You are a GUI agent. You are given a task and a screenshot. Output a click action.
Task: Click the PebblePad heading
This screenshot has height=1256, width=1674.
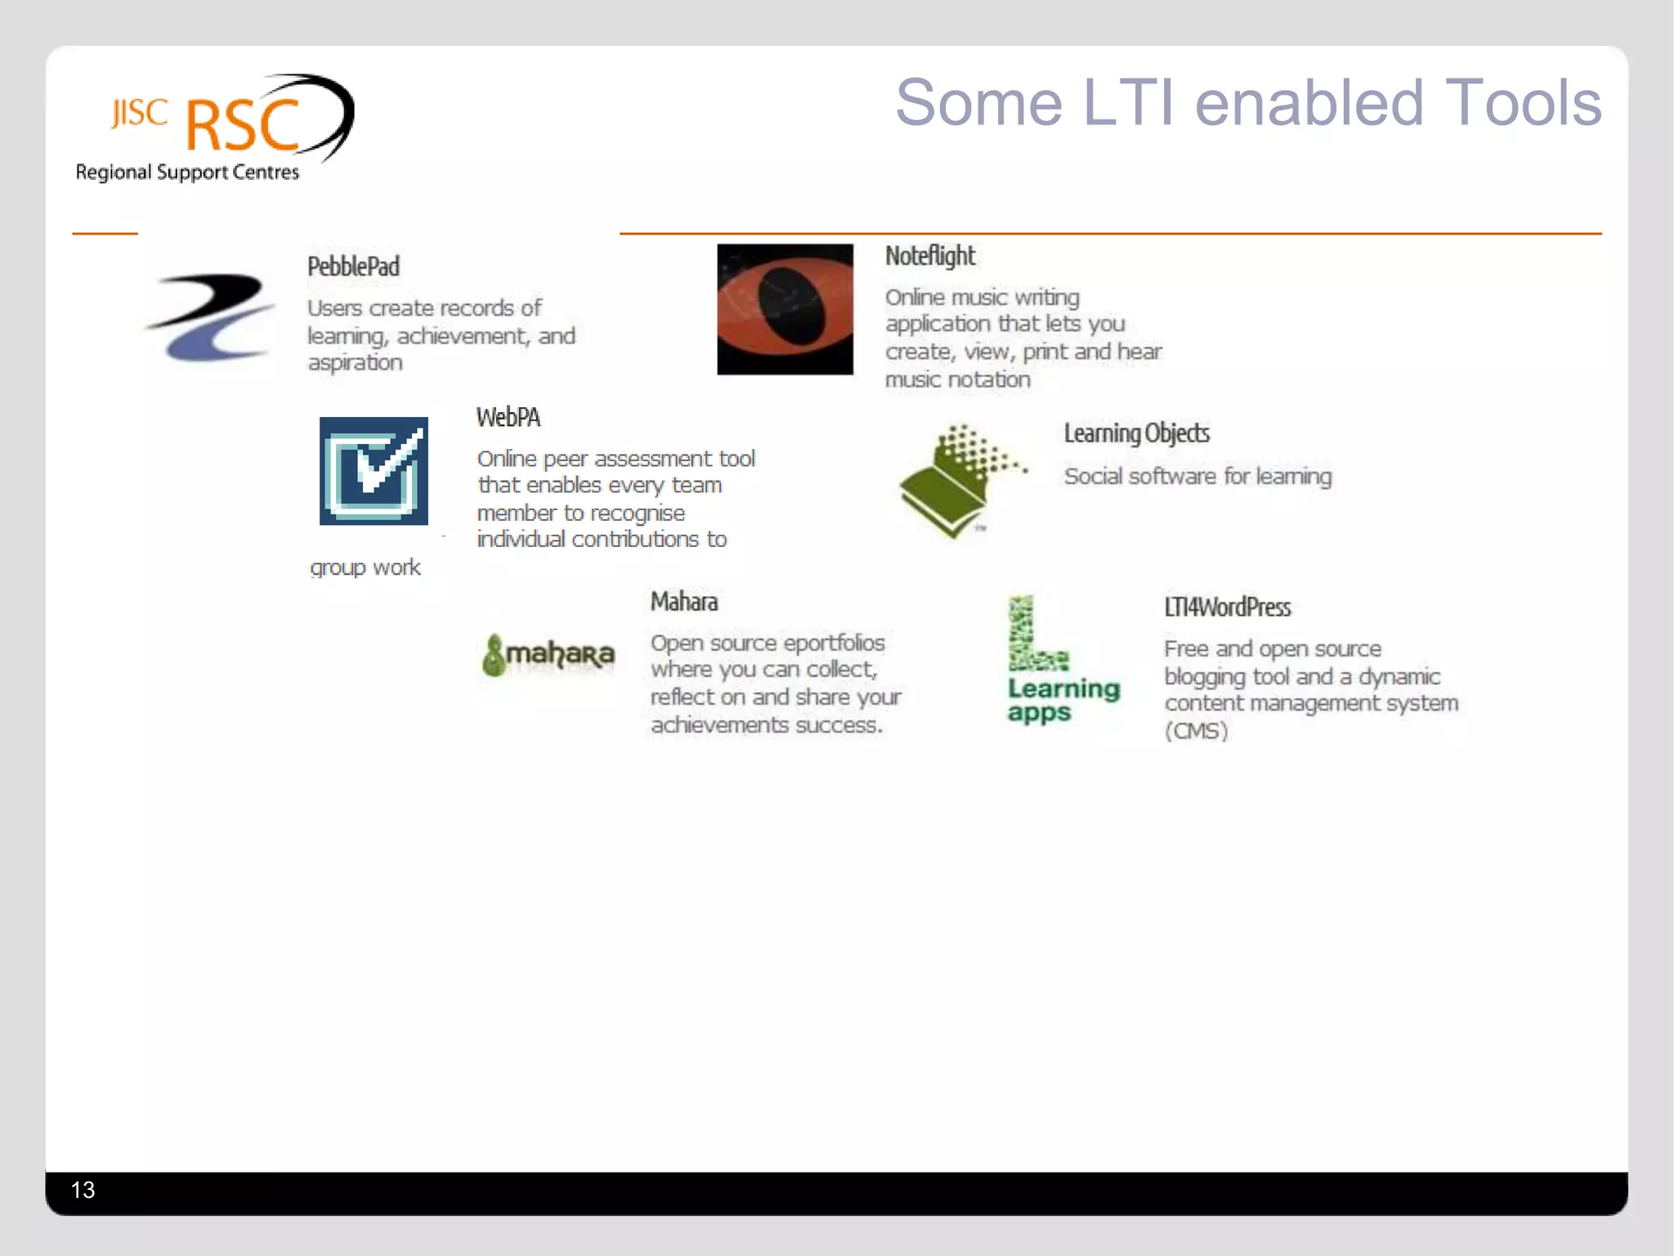(353, 267)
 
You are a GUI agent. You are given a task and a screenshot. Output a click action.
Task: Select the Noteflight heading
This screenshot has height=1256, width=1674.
(929, 256)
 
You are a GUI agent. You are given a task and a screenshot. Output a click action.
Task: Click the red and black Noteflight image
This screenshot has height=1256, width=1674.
(785, 309)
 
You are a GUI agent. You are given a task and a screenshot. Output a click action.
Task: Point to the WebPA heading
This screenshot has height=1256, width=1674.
(508, 418)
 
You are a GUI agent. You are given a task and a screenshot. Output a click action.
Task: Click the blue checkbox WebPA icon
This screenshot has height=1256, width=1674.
(374, 471)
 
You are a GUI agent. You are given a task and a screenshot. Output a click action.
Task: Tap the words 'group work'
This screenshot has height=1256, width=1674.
(365, 567)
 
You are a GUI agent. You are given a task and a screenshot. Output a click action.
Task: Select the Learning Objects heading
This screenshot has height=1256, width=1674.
(1136, 433)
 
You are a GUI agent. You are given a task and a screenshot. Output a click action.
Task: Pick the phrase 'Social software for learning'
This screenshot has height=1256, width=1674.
(1197, 477)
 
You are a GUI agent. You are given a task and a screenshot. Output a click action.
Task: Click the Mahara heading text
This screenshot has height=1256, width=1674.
(683, 602)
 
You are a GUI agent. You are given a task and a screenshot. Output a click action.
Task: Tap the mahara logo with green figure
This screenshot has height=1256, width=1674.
(548, 655)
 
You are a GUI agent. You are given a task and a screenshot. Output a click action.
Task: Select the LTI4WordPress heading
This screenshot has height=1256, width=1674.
(1227, 608)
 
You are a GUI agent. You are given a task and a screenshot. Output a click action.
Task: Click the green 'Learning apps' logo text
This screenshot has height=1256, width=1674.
(1063, 700)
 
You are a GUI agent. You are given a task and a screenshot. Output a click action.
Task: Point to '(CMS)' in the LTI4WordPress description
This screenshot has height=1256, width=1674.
(1196, 731)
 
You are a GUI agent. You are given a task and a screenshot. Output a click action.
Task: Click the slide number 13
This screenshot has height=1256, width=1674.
(83, 1190)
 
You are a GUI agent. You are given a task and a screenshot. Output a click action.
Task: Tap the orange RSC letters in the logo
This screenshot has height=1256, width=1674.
(243, 126)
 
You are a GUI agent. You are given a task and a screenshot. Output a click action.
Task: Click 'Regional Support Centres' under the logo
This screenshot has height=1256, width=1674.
(187, 173)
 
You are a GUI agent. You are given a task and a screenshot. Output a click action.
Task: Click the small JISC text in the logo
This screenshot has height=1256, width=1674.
(140, 113)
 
